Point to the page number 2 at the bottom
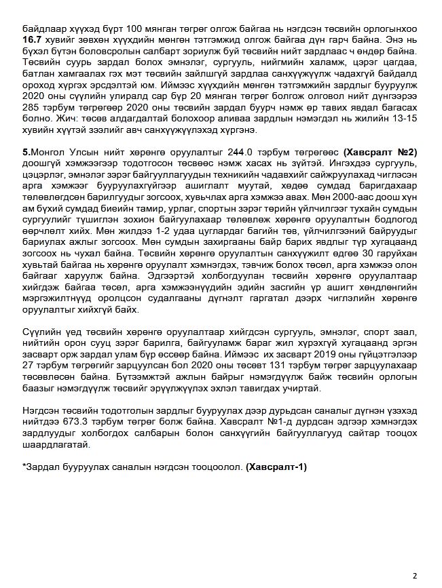coord(414,575)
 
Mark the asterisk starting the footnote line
coord(24,467)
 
